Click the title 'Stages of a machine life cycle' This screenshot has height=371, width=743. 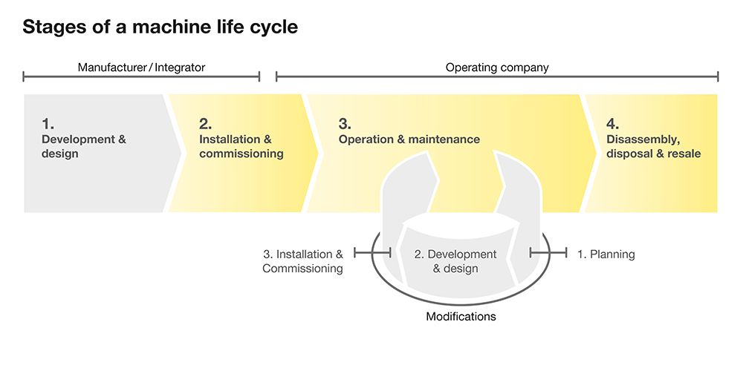160,28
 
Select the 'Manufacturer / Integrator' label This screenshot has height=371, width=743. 141,68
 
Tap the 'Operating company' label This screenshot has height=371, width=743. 497,68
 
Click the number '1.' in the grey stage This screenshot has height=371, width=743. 48,124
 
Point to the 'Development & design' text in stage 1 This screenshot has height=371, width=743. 83,147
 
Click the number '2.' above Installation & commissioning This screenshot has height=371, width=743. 206,124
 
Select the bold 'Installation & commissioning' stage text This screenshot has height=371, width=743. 241,147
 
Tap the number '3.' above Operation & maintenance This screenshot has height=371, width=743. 345,124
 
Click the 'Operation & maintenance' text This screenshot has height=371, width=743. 409,139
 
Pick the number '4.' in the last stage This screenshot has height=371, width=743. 612,124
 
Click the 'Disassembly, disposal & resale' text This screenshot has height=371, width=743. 653,147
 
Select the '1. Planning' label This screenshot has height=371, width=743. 606,255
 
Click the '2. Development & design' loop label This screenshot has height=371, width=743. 455,261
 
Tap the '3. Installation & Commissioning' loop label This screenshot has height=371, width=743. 303,261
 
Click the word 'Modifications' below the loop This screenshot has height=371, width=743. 461,317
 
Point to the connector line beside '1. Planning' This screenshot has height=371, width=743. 548,253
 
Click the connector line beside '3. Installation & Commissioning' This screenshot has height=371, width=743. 372,253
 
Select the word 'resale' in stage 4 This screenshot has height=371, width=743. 684,154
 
